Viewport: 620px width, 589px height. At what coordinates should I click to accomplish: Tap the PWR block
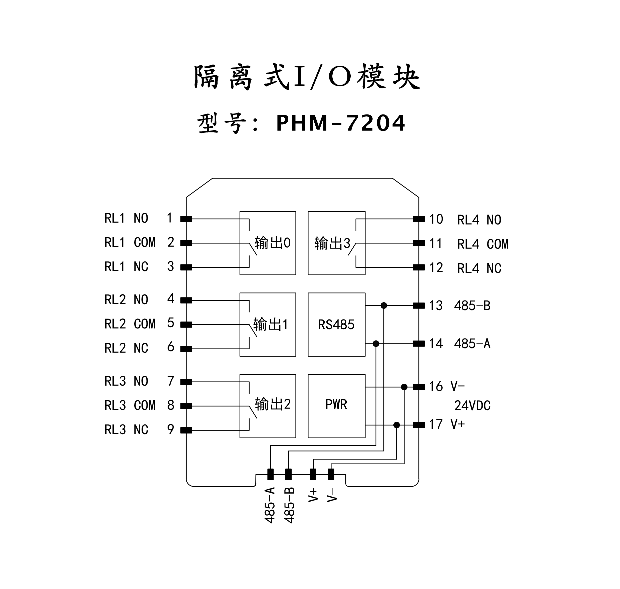336,406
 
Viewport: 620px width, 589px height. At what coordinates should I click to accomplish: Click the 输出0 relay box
268,243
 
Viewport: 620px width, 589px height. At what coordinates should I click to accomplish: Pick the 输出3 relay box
336,243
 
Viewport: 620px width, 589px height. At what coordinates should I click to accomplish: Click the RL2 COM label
130,324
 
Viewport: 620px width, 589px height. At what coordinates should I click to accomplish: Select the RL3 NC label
126,429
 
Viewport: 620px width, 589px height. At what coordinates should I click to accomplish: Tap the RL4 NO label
479,220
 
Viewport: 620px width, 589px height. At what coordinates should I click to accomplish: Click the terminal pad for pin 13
419,305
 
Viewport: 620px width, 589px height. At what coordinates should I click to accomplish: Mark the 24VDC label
472,406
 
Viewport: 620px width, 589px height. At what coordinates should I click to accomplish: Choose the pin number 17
436,424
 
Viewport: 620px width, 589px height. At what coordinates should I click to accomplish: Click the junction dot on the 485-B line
383,305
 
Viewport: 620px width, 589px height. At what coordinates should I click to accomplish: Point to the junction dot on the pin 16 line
404,387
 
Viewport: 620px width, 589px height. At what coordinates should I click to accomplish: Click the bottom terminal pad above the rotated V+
313,474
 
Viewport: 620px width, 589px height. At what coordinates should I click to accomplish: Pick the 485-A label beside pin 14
472,344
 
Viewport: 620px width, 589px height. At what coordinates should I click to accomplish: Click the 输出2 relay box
268,406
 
